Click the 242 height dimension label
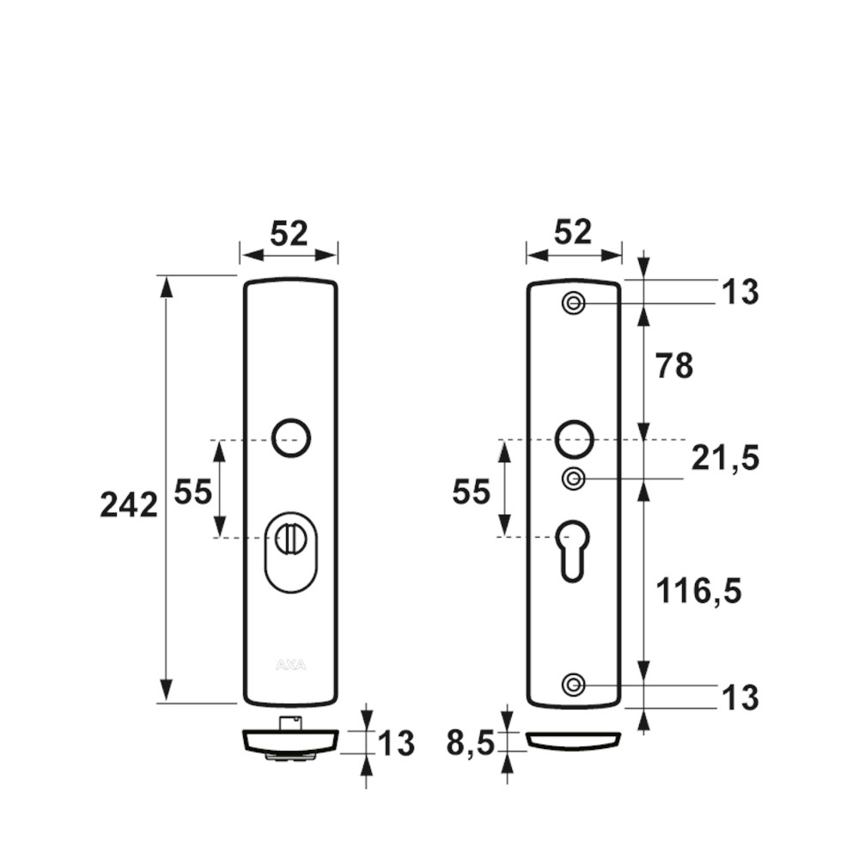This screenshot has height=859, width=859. [129, 504]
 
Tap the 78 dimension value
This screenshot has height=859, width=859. [674, 366]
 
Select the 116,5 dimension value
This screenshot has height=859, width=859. [698, 591]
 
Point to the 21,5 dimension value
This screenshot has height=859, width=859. [725, 458]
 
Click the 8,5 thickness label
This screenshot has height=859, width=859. [471, 743]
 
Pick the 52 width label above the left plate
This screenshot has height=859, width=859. [289, 233]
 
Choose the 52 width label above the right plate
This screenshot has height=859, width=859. [573, 232]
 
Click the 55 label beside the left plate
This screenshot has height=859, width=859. [192, 491]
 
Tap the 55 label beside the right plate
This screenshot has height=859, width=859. [471, 491]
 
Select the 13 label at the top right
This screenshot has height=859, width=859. [740, 292]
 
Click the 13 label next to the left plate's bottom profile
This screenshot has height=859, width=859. [395, 743]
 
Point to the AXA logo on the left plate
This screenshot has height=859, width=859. [291, 665]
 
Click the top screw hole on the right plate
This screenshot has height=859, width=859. [574, 303]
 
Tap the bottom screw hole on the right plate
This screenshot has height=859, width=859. [574, 685]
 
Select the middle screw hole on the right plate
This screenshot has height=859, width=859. [574, 478]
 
